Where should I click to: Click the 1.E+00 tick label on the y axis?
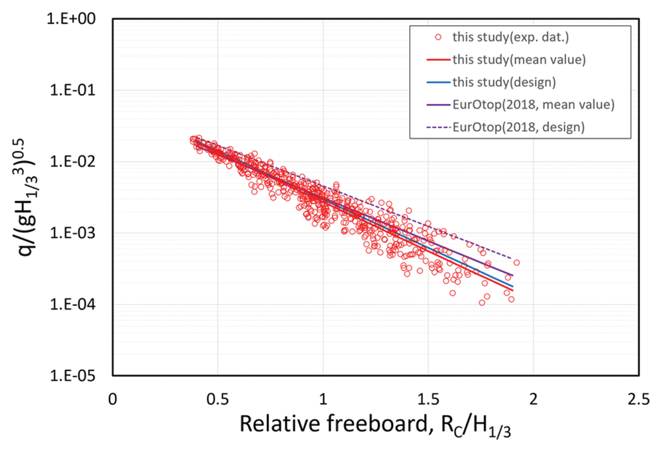71,19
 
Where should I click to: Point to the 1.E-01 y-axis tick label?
72,90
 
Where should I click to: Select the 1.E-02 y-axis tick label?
72,162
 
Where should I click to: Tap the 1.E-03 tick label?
72,233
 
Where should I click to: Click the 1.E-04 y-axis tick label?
72,304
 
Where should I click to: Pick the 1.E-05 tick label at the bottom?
72,376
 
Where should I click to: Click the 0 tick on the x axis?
113,399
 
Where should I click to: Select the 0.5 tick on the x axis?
217,399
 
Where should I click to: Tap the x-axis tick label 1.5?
428,399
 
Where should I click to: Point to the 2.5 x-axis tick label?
639,399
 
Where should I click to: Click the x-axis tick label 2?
533,399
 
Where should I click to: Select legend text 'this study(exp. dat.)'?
511,37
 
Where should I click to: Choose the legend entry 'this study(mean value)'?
519,60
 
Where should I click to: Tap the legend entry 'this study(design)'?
504,82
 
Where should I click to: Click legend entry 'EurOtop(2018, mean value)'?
533,105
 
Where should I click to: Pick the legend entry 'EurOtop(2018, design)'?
519,127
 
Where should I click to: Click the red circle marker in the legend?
438,37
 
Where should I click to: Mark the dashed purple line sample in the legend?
438,128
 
